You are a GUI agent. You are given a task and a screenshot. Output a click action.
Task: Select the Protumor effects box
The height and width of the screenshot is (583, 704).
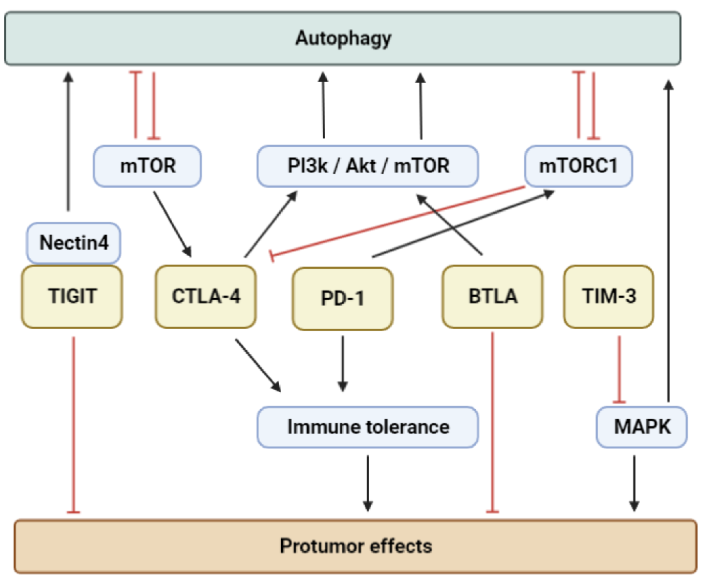355,546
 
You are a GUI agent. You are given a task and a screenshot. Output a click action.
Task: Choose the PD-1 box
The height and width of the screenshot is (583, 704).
342,298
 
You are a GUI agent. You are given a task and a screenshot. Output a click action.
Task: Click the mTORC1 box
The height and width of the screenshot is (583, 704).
578,166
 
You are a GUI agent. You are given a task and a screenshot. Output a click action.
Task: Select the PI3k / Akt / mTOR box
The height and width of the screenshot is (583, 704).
368,166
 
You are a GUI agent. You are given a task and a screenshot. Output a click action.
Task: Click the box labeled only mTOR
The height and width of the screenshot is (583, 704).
148,166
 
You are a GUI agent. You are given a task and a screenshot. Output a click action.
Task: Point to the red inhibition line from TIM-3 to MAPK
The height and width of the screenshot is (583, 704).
619,368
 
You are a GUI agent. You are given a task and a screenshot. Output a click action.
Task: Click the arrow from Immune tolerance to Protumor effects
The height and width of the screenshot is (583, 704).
368,482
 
